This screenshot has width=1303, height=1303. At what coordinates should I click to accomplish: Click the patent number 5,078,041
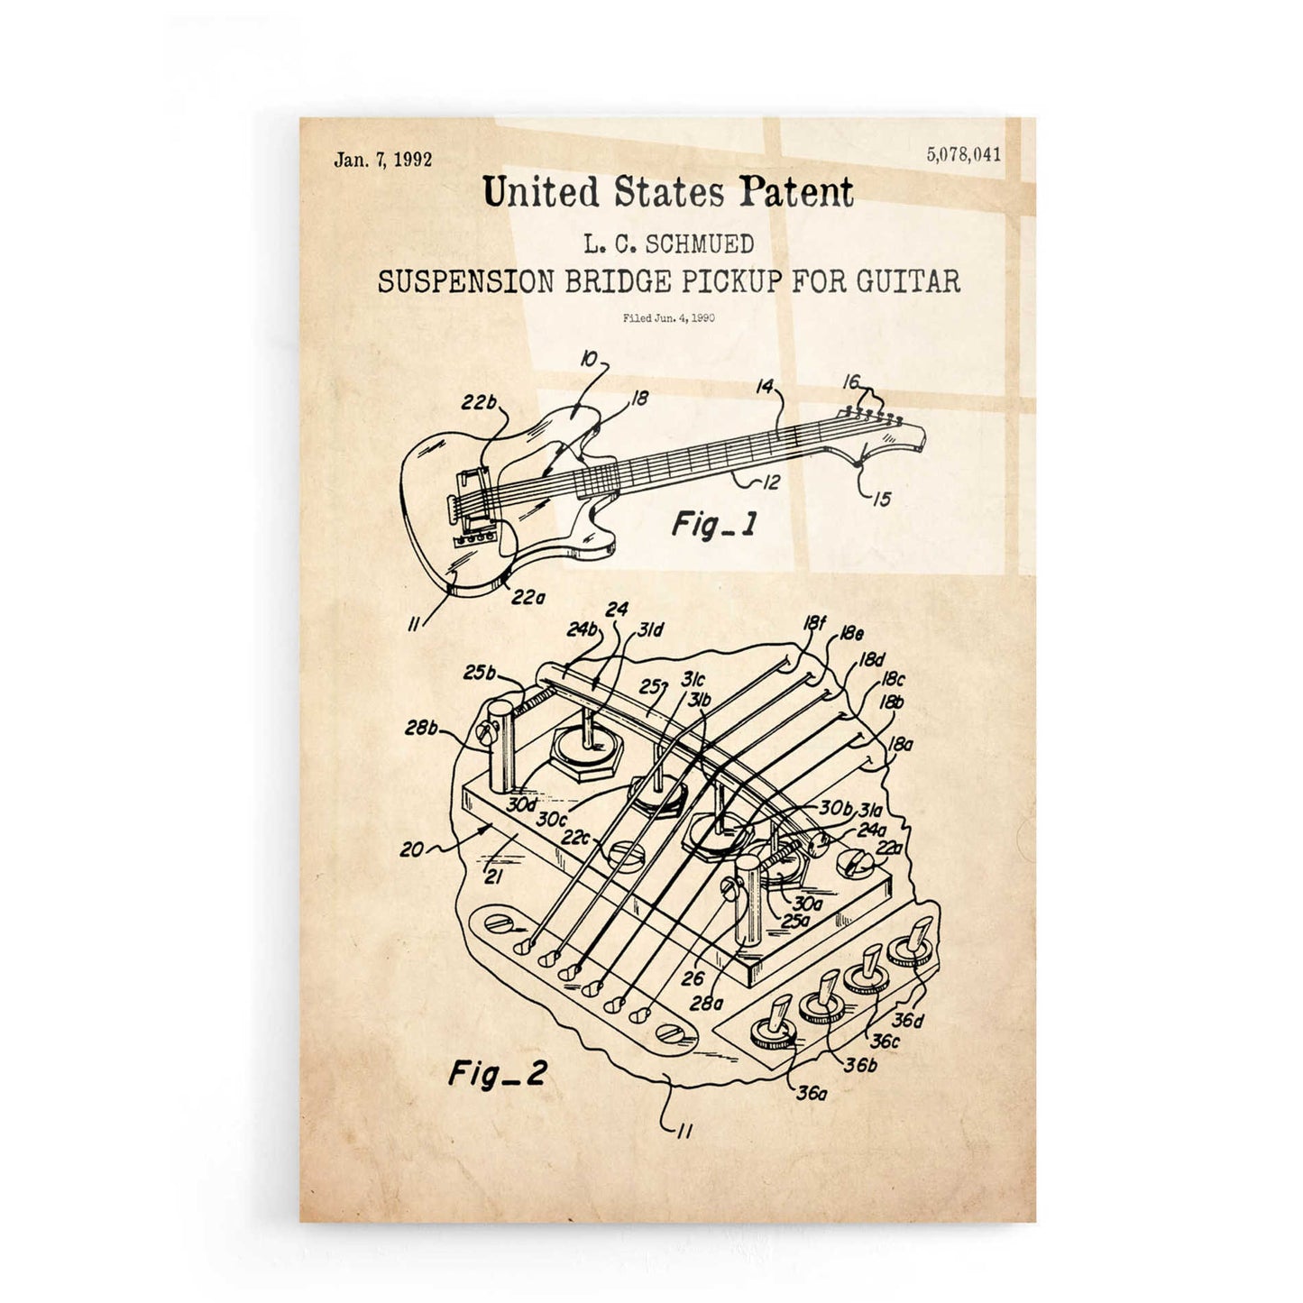pyautogui.click(x=962, y=154)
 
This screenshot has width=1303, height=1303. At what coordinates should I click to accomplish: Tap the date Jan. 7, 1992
pyautogui.click(x=383, y=161)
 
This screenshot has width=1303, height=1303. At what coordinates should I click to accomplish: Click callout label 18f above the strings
pyautogui.click(x=814, y=622)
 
